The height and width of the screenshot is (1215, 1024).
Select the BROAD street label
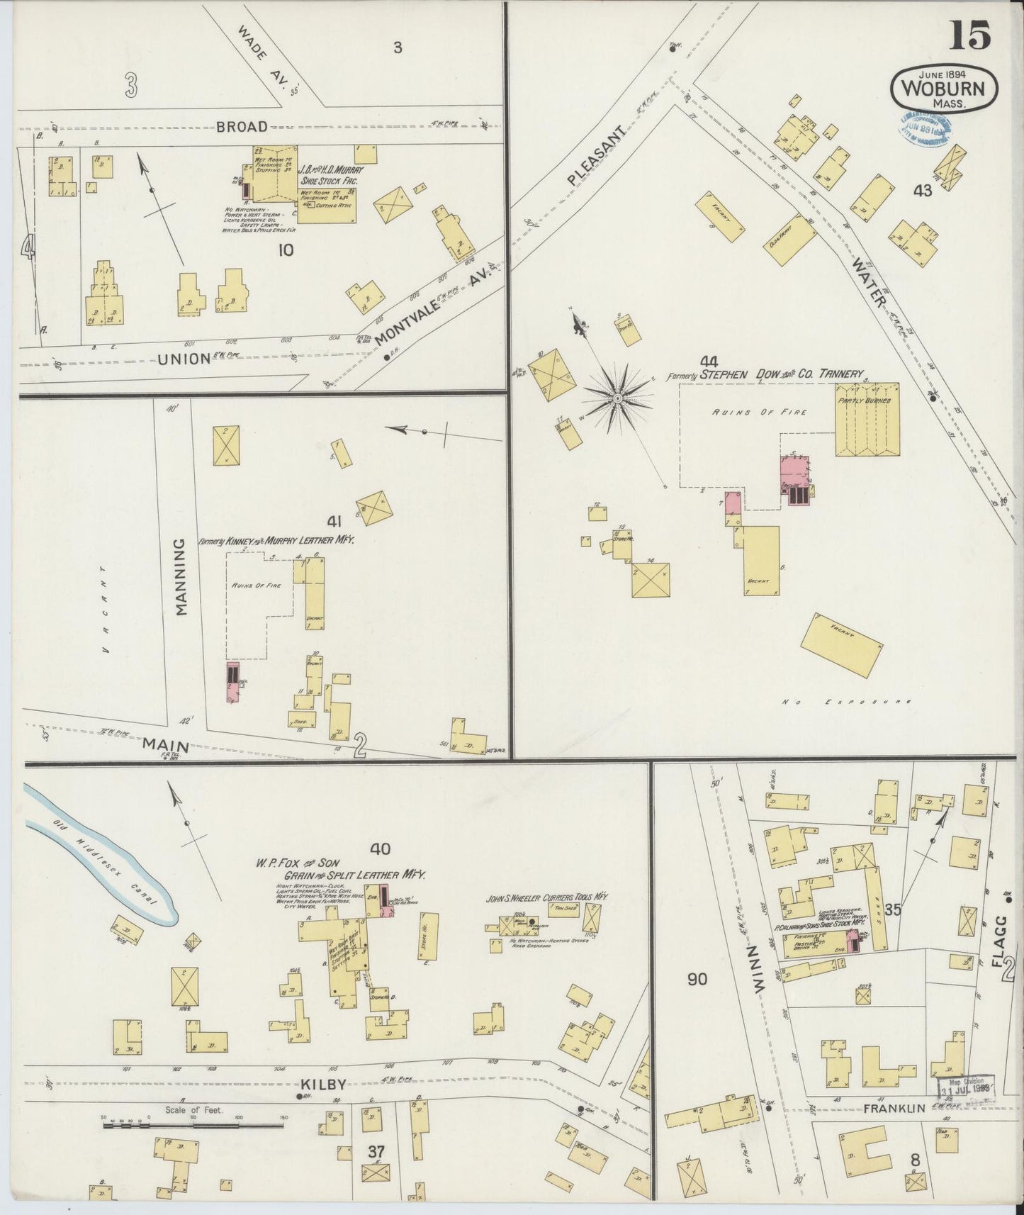click(242, 127)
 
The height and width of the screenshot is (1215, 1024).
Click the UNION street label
click(184, 359)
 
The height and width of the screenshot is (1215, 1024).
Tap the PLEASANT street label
click(598, 157)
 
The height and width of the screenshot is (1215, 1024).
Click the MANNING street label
click(180, 576)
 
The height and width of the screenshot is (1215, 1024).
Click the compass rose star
click(618, 399)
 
